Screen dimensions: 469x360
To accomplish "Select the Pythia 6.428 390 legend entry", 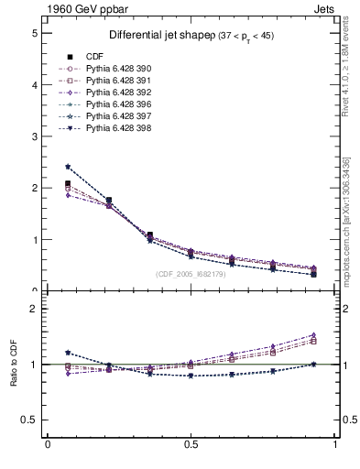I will [115, 69].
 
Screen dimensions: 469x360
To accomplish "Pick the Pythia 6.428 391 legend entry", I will [115, 81].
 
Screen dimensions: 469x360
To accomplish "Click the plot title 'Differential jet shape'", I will [161, 35].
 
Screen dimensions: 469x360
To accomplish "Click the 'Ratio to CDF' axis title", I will [13, 366].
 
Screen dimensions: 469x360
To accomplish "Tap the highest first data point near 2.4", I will [68, 167].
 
